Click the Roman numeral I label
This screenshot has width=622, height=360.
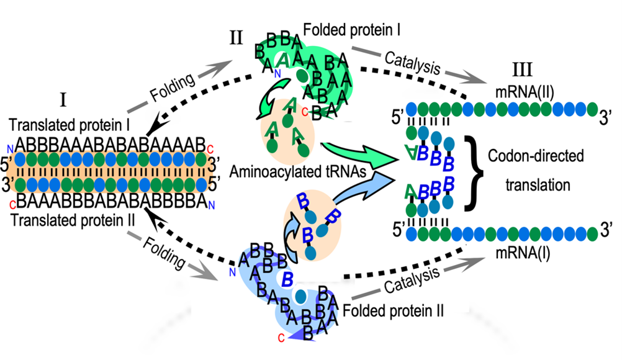click(63, 100)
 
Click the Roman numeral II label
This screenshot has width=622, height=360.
click(236, 38)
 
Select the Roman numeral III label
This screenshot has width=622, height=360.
click(522, 70)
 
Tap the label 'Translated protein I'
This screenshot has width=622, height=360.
click(70, 125)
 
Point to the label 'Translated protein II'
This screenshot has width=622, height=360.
click(73, 220)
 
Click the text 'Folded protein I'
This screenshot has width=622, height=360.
click(352, 30)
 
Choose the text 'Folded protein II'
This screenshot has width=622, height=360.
click(393, 311)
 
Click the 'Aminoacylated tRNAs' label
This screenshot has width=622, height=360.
click(298, 172)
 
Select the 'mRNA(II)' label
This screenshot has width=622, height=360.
click(525, 92)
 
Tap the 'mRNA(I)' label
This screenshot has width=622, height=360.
click(523, 253)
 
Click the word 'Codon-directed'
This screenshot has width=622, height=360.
click(536, 156)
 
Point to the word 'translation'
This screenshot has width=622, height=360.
click(538, 185)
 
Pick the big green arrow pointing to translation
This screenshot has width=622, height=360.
click(359, 154)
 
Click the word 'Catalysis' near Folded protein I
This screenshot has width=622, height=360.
click(413, 63)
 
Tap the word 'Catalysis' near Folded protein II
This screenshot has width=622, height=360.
click(412, 280)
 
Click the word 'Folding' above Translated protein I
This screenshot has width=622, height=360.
click(172, 88)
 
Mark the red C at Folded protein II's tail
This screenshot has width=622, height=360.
click(281, 338)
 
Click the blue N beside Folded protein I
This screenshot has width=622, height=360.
click(277, 73)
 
